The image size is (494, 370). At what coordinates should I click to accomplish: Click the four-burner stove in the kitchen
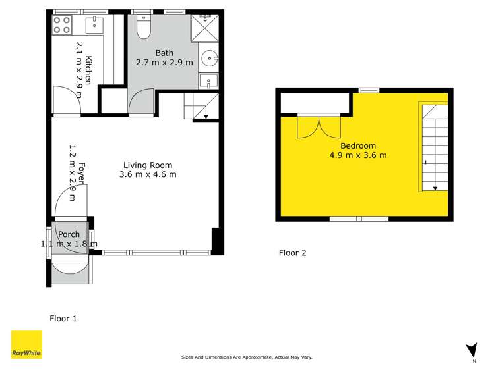62,25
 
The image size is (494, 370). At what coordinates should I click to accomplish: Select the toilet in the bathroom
143,26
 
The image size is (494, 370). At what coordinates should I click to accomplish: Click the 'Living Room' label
148,165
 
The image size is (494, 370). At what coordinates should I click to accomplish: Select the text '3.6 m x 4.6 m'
148,175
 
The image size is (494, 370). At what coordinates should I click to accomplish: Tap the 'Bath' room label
164,53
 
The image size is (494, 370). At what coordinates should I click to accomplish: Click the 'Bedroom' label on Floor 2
358,146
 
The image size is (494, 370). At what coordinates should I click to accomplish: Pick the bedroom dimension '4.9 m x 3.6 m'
358,156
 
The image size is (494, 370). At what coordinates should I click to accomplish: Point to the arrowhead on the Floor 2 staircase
435,188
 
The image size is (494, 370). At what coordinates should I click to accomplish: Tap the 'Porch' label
69,234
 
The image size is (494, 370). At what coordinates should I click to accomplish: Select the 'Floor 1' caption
63,319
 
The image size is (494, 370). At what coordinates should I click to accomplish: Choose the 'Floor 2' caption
292,252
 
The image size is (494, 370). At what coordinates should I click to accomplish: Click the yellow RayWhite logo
27,346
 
